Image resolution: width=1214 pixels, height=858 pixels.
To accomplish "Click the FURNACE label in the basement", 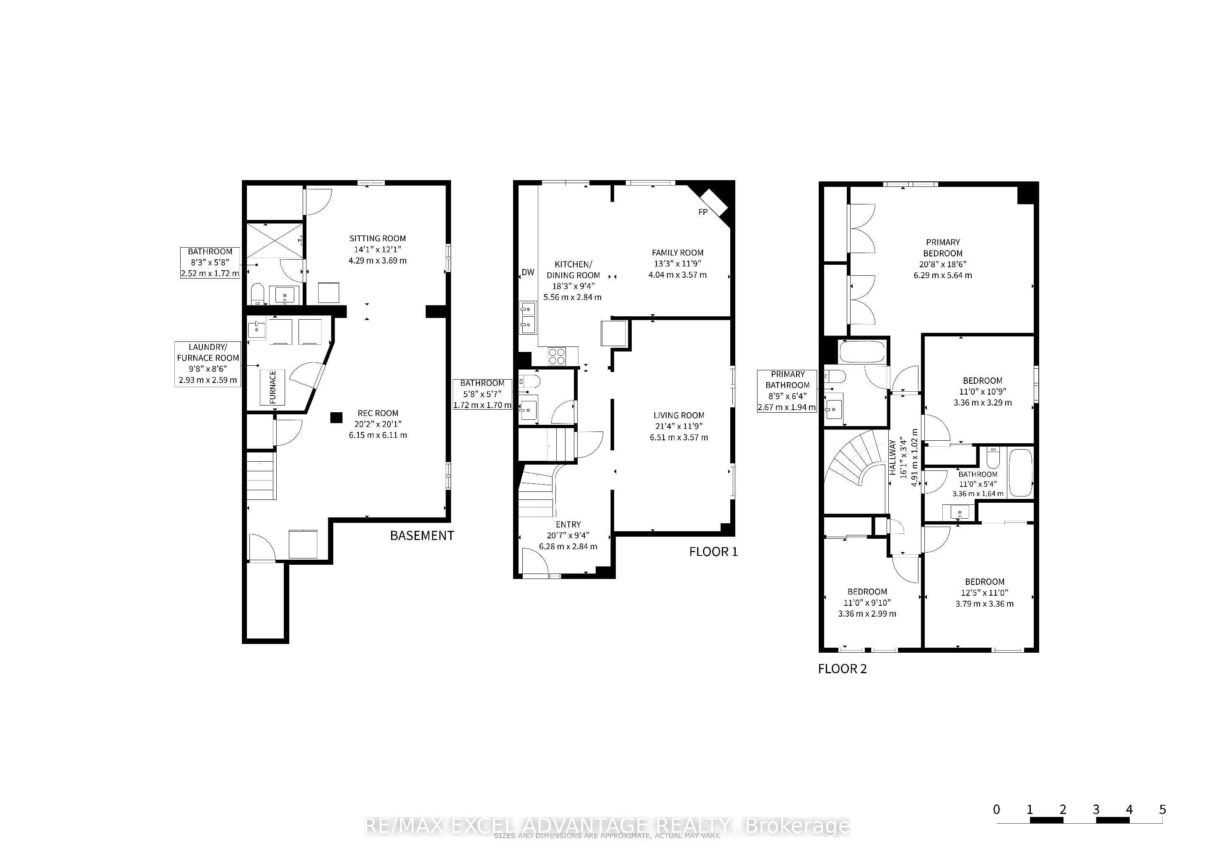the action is pyautogui.click(x=273, y=387).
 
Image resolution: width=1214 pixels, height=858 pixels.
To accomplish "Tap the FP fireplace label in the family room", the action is pyautogui.click(x=703, y=212).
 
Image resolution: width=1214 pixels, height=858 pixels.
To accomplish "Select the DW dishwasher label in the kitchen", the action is pyautogui.click(x=528, y=272).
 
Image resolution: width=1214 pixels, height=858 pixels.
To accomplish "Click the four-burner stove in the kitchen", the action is pyautogui.click(x=557, y=356).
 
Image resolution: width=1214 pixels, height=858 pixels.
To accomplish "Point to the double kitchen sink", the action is pyautogui.click(x=528, y=318).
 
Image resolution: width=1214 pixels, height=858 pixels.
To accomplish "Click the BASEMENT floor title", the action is pyautogui.click(x=422, y=536).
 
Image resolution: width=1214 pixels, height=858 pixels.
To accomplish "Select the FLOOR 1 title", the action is pyautogui.click(x=713, y=552).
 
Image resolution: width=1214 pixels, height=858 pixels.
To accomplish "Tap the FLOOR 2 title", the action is pyautogui.click(x=842, y=669).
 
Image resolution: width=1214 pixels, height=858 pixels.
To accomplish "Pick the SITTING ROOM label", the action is pyautogui.click(x=378, y=238).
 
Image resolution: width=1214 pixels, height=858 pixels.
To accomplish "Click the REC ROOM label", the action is pyautogui.click(x=378, y=413).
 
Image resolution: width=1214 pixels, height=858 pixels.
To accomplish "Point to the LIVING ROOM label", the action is pyautogui.click(x=679, y=415).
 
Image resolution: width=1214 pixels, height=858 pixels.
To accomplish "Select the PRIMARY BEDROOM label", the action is pyautogui.click(x=943, y=248).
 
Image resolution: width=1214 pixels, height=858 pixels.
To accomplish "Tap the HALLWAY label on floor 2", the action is pyautogui.click(x=893, y=457).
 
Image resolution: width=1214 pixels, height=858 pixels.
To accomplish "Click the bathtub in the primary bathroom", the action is pyautogui.click(x=862, y=352).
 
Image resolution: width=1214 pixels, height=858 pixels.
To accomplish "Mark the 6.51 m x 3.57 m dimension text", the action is pyautogui.click(x=679, y=437).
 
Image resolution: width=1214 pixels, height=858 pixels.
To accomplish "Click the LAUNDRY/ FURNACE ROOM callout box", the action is pyautogui.click(x=208, y=364).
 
